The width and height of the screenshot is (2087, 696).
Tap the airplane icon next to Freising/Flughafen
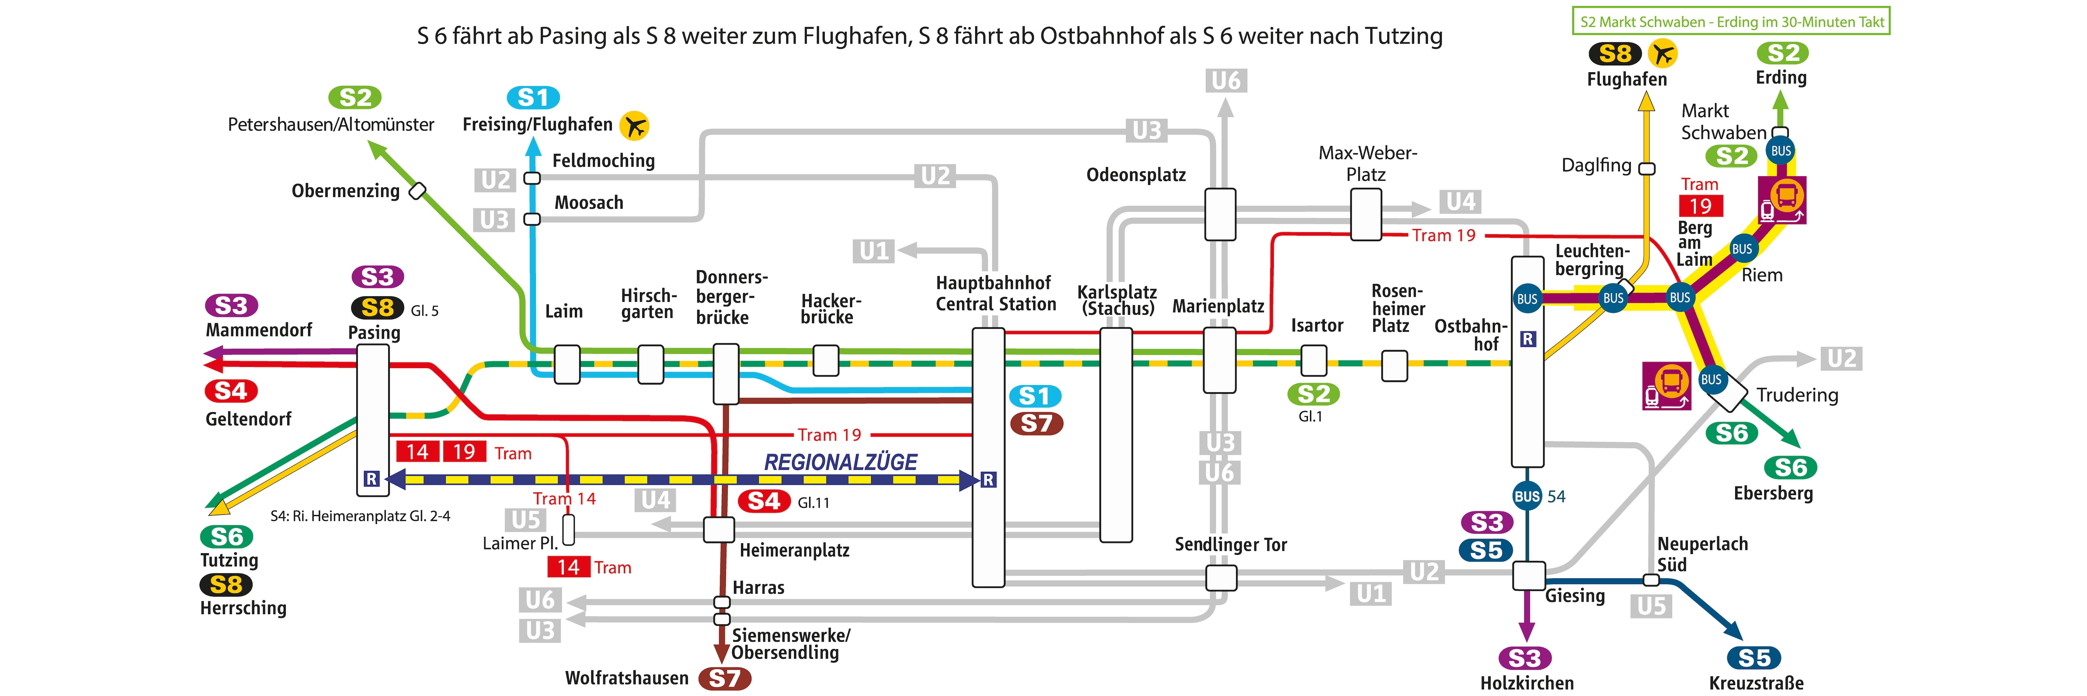(634, 126)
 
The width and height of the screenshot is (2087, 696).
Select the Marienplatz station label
(1218, 306)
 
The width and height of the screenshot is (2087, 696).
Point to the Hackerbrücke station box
(826, 361)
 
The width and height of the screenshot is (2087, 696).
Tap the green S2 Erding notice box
(1731, 22)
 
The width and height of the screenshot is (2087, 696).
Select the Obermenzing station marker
(417, 191)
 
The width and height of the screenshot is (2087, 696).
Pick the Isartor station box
(1313, 361)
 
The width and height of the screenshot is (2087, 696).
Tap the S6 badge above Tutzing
(227, 537)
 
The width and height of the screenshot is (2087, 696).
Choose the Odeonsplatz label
(1136, 175)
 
